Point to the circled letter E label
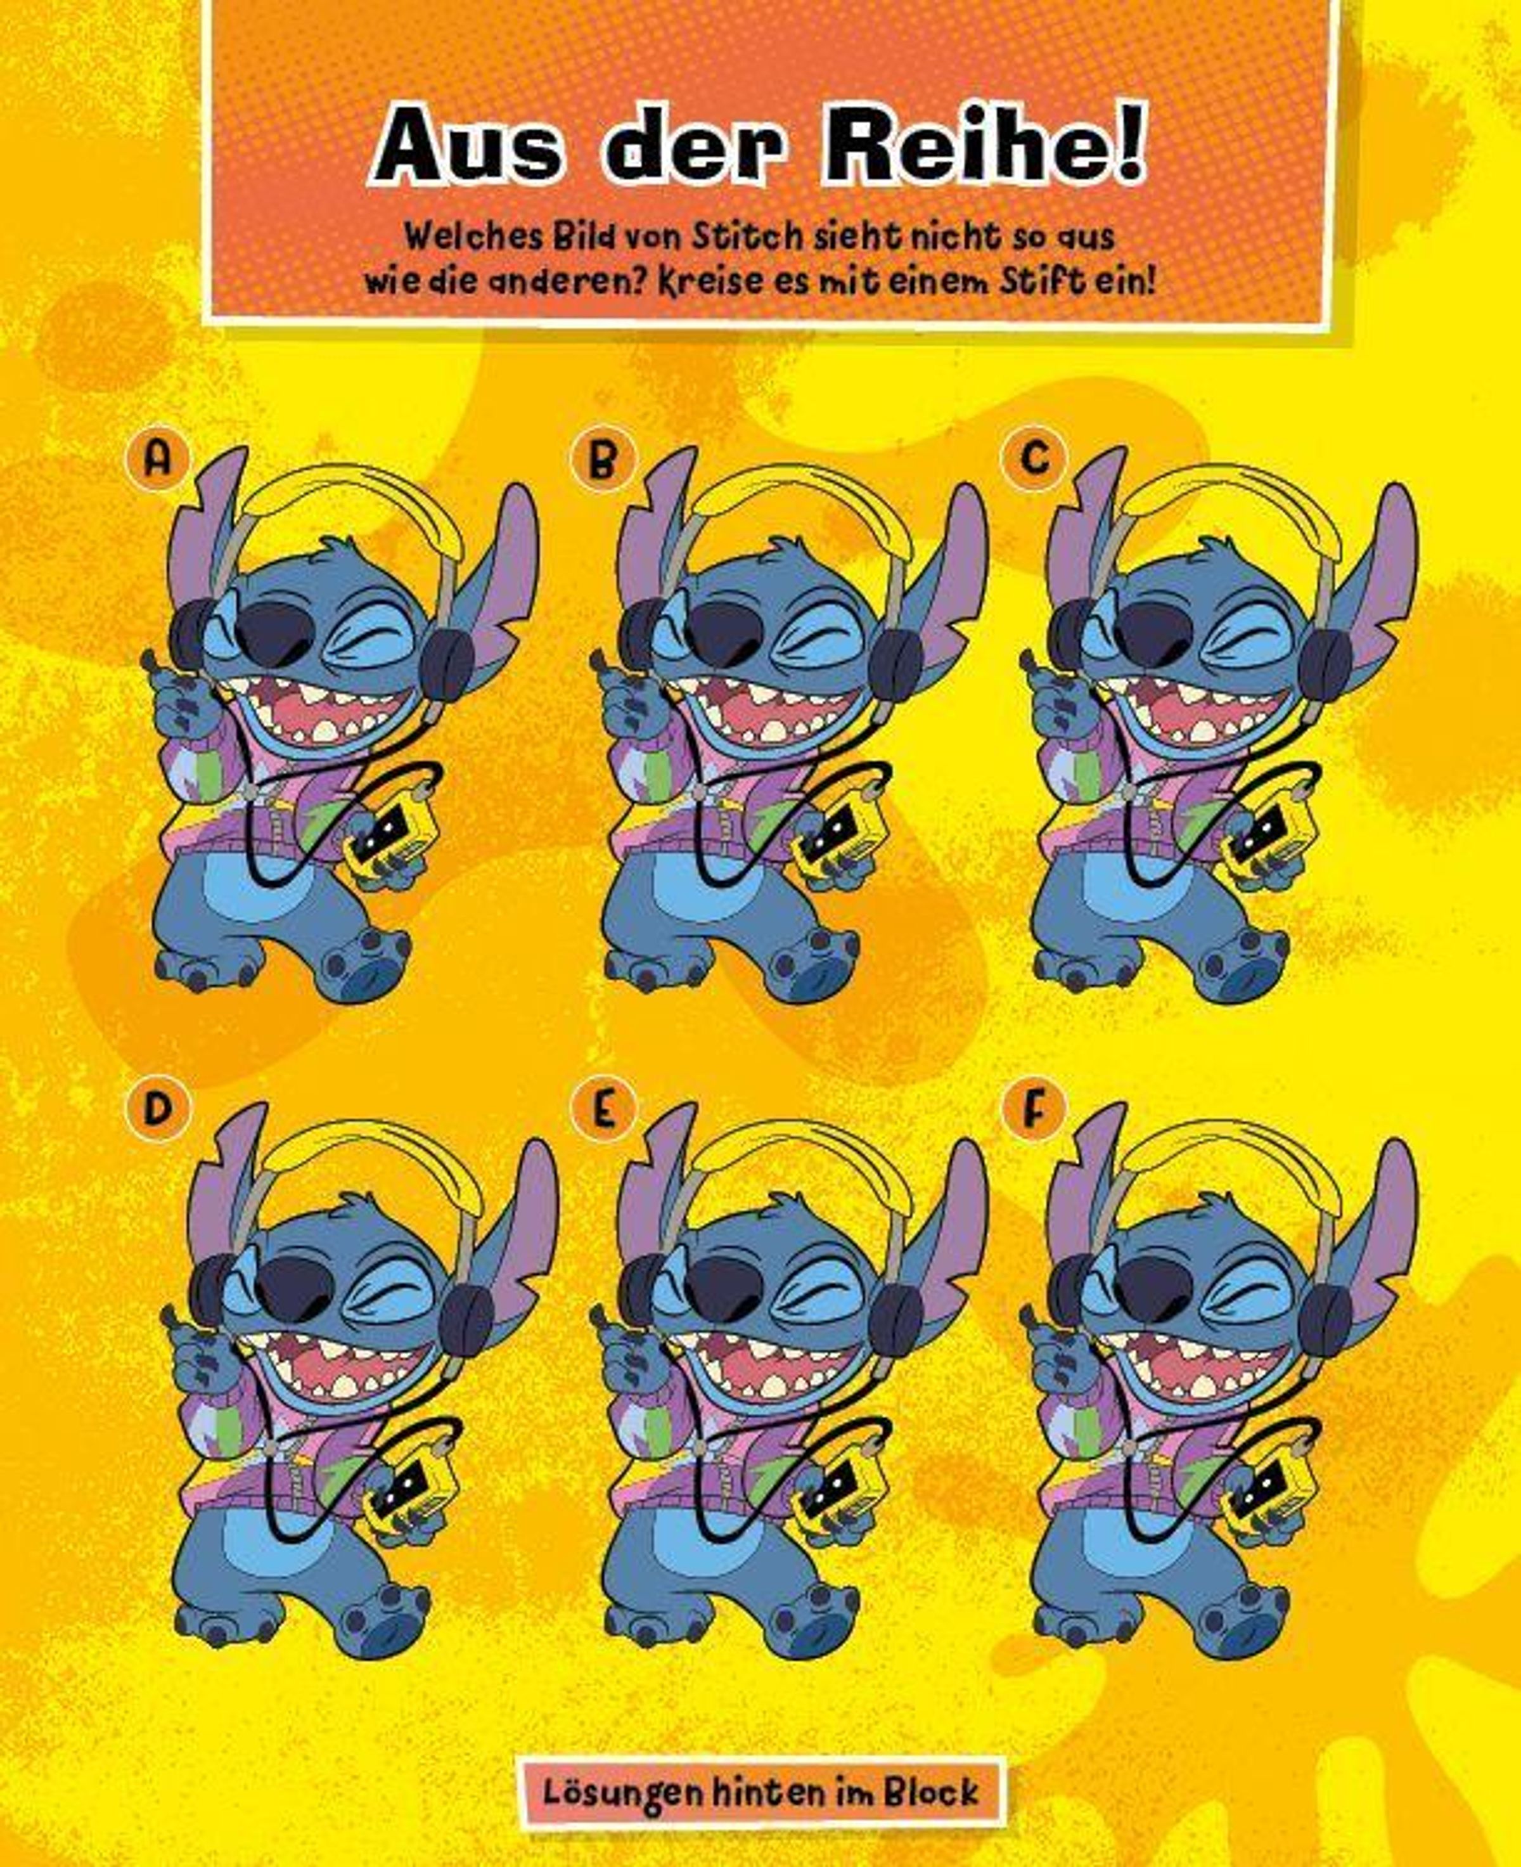coord(602,1109)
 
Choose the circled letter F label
coord(1035,1109)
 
